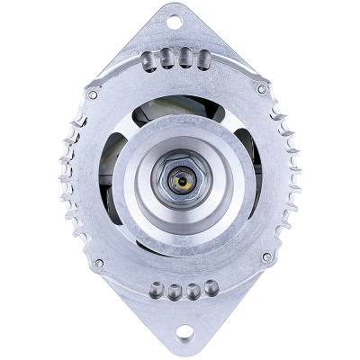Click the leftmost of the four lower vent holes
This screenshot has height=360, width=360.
[157, 292]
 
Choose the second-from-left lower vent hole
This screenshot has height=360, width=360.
[175, 294]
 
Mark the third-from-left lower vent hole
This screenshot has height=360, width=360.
[192, 294]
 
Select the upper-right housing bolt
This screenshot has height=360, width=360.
[262, 90]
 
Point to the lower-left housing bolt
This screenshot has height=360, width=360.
[100, 264]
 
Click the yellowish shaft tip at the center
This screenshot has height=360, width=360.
[184, 180]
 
